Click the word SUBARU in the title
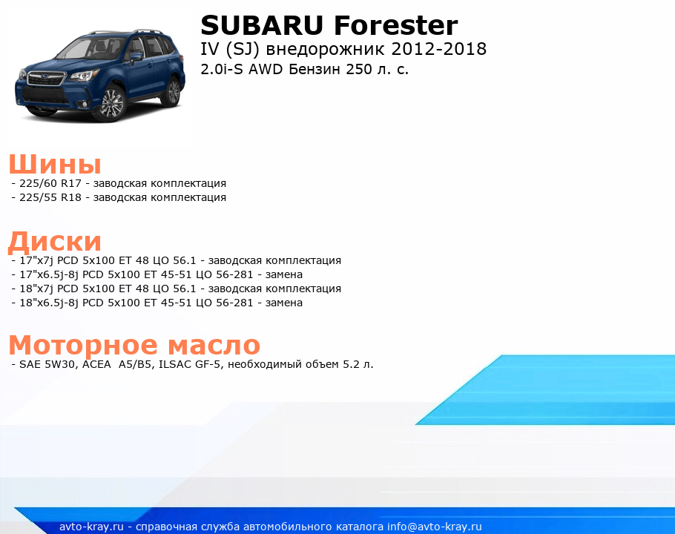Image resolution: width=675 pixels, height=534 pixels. [x=262, y=25]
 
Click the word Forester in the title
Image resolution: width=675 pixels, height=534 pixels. [x=395, y=25]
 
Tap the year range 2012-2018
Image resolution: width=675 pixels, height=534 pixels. [x=438, y=49]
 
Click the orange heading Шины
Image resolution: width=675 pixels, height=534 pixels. [x=55, y=165]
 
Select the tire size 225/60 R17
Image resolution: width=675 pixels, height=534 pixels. [x=50, y=183]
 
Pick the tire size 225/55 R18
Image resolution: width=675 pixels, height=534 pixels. [x=50, y=197]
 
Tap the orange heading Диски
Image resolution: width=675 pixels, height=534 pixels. [x=55, y=241]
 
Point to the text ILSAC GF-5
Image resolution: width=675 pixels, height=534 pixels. [x=190, y=364]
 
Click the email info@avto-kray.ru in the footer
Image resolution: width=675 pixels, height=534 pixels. [x=435, y=527]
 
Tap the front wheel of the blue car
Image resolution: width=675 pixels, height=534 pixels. [x=112, y=103]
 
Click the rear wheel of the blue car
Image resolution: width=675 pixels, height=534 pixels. [x=173, y=92]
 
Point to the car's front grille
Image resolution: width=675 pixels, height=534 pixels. [x=46, y=79]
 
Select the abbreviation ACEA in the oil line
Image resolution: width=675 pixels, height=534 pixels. [x=96, y=364]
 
